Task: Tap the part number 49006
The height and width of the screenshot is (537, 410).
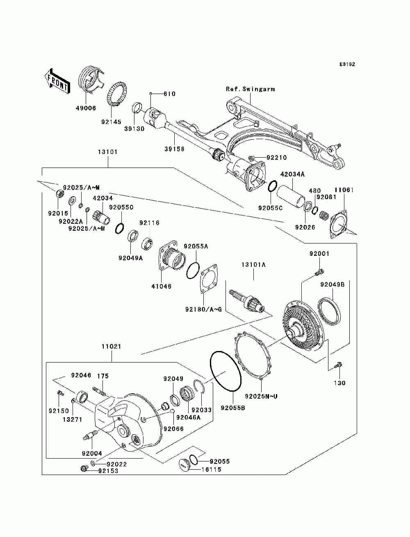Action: pos(86,108)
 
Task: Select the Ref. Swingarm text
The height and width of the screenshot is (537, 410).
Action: pos(250,89)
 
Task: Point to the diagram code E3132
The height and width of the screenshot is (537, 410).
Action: pos(347,64)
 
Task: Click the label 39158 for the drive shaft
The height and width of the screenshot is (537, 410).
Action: pos(174,149)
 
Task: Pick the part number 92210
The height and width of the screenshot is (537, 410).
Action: pos(277,157)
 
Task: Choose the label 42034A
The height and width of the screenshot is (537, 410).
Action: pos(292,174)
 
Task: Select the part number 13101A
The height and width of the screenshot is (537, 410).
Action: pos(253,265)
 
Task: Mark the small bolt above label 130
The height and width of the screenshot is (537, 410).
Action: pos(338,364)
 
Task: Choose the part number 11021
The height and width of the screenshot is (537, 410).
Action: pos(111,347)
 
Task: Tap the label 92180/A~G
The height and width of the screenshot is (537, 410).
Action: pos(203,309)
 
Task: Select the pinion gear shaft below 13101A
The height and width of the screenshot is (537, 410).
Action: pos(248,301)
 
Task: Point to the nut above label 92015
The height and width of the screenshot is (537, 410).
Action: pos(58,193)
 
